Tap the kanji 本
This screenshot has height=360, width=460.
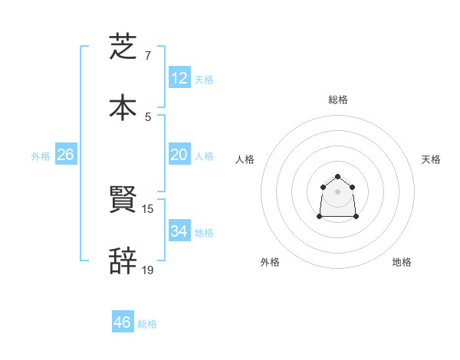123,107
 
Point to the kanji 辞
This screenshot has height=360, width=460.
123,261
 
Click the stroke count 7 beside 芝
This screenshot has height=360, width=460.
148,56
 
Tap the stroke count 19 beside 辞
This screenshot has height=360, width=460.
148,270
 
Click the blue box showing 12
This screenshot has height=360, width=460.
179,77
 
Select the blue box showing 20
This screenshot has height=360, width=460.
179,155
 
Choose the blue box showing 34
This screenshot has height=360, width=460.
179,231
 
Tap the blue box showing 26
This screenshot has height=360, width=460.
65,155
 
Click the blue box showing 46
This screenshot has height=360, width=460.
123,322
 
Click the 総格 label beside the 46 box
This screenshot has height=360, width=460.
147,324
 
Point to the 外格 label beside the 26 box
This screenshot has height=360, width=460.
41,156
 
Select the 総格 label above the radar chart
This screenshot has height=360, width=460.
338,100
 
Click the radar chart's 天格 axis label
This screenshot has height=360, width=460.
432,159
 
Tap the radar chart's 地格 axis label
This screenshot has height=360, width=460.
402,262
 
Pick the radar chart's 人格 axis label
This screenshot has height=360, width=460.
245,159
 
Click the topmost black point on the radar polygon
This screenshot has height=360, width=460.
338,177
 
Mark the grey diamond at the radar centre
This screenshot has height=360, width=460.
338,191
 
